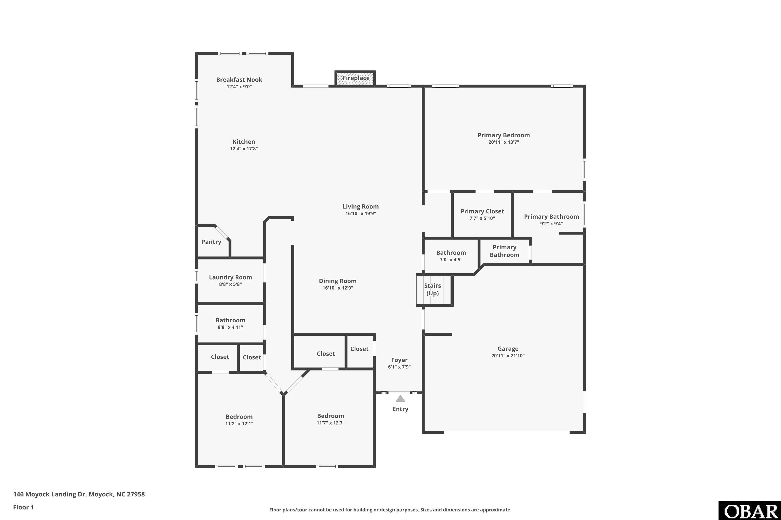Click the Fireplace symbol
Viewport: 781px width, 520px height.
pos(355,78)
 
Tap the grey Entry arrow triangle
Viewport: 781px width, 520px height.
pos(400,398)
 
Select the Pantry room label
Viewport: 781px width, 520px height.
pos(211,242)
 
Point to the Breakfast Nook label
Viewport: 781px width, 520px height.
pos(239,80)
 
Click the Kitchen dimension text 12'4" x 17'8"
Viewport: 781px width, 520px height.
pos(244,148)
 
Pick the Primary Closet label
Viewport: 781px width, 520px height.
pos(482,211)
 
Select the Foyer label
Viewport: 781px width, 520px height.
pos(399,360)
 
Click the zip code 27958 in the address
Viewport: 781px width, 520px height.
pos(136,494)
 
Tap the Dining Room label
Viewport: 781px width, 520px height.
pos(338,281)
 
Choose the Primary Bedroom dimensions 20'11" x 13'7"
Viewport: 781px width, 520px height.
pos(503,142)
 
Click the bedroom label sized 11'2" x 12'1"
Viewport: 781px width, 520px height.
pos(239,417)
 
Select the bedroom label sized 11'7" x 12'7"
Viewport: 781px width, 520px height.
pos(330,416)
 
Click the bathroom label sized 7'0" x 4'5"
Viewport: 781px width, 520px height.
pos(451,253)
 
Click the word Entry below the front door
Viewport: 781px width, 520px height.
pos(400,409)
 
